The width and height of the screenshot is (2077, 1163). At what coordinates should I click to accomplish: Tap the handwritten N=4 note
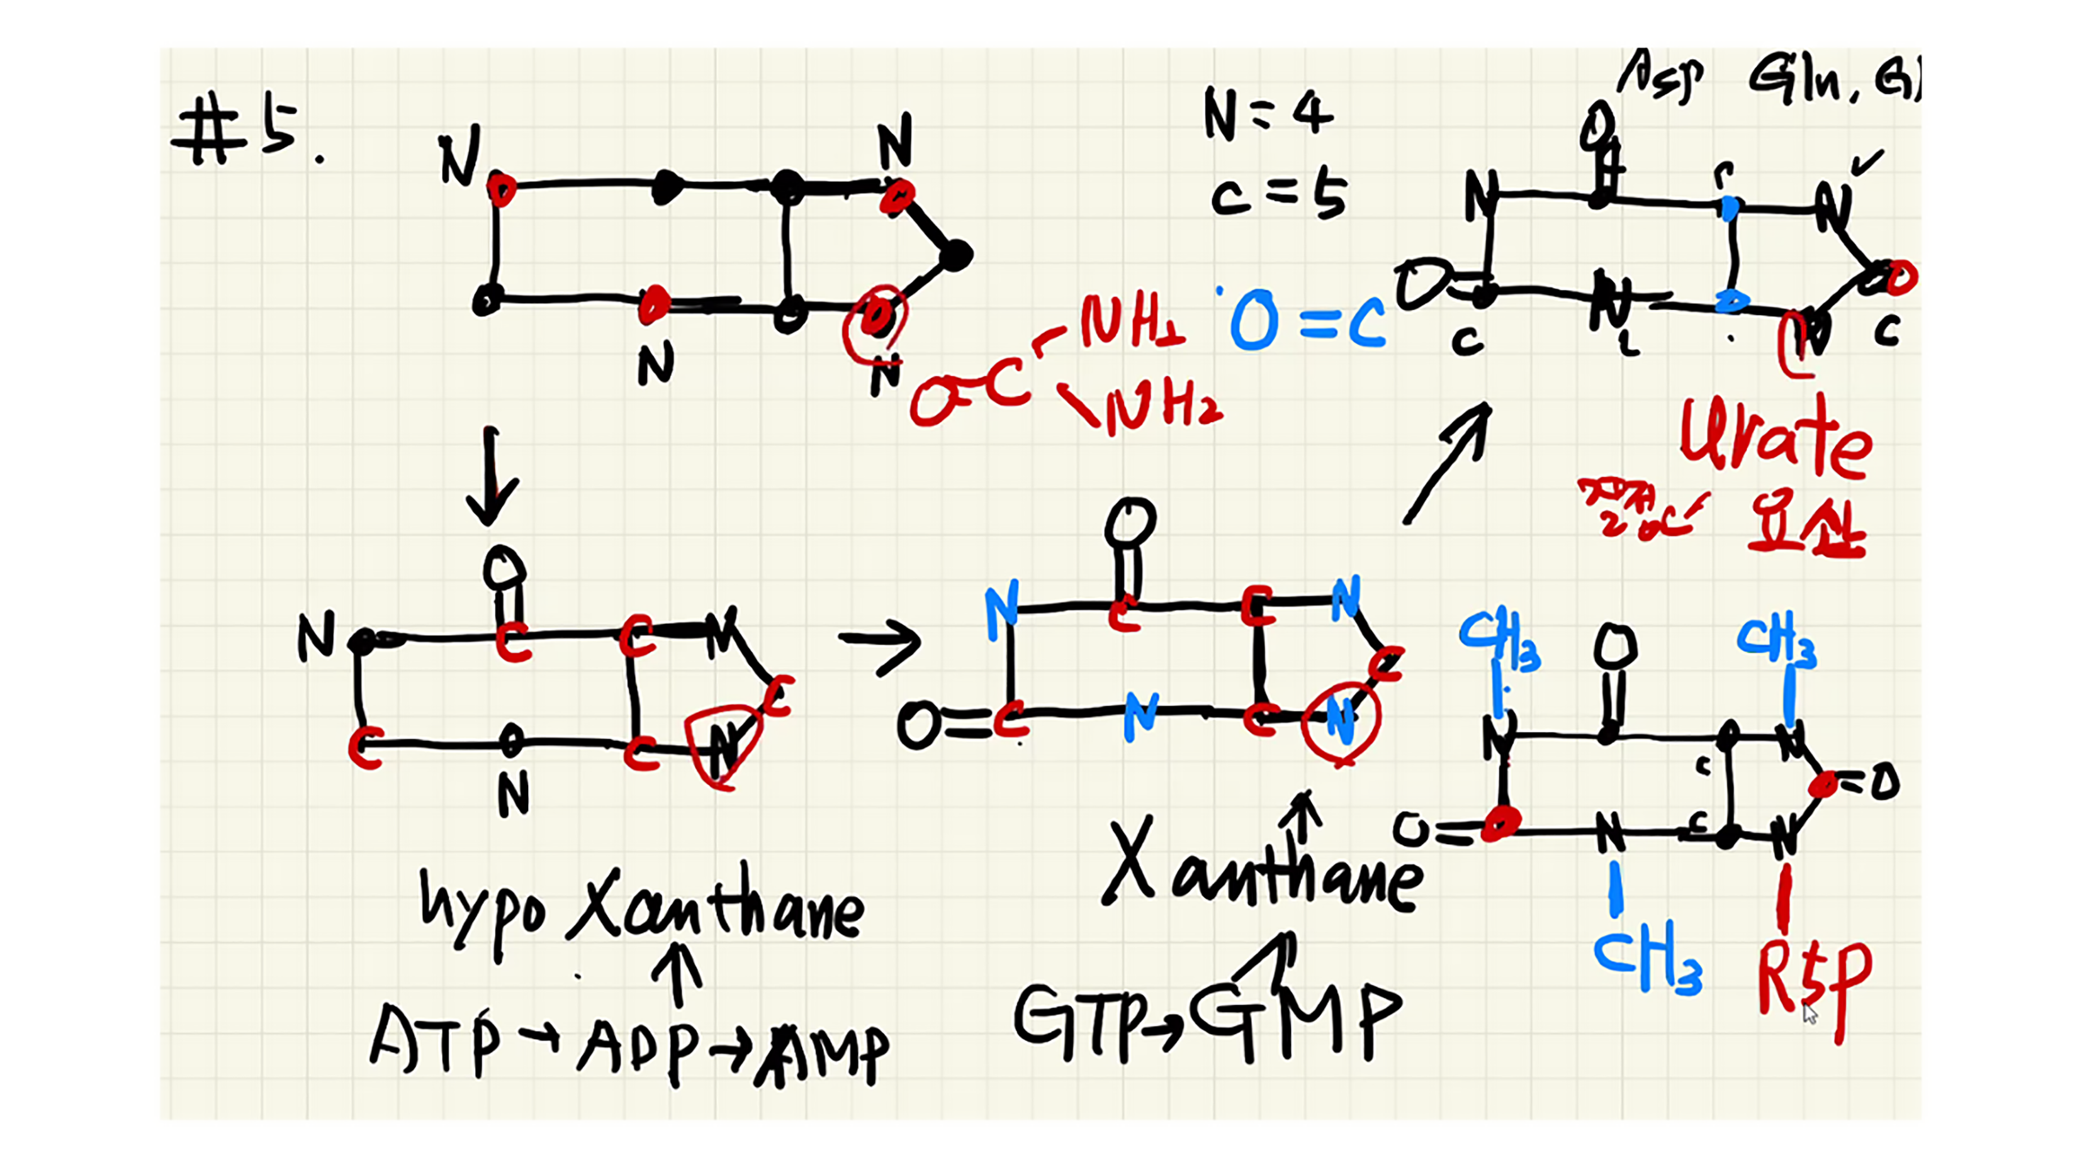[1268, 114]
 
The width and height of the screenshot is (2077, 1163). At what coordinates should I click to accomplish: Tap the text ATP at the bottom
[436, 1040]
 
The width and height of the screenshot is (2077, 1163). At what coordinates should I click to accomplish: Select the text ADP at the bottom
[637, 1043]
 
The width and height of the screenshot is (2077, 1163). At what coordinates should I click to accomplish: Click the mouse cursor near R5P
[1810, 1014]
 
